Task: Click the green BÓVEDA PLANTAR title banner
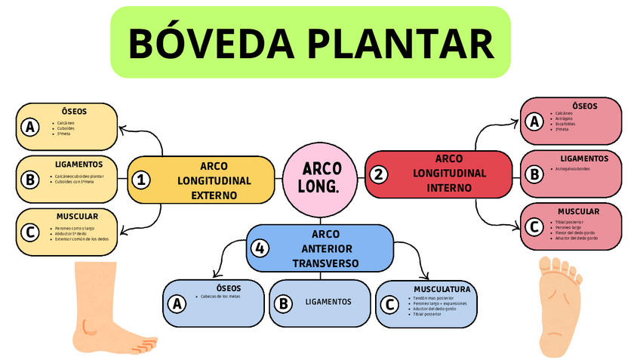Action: click(310, 42)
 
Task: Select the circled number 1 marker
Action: click(140, 180)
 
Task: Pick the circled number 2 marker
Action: click(378, 174)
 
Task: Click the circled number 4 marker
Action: click(260, 248)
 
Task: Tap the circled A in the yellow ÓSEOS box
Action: click(30, 127)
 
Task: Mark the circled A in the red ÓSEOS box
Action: click(534, 122)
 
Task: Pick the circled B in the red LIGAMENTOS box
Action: click(534, 174)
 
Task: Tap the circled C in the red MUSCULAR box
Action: click(534, 226)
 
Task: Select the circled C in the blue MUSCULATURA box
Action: click(389, 304)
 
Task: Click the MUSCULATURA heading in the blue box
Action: click(442, 289)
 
